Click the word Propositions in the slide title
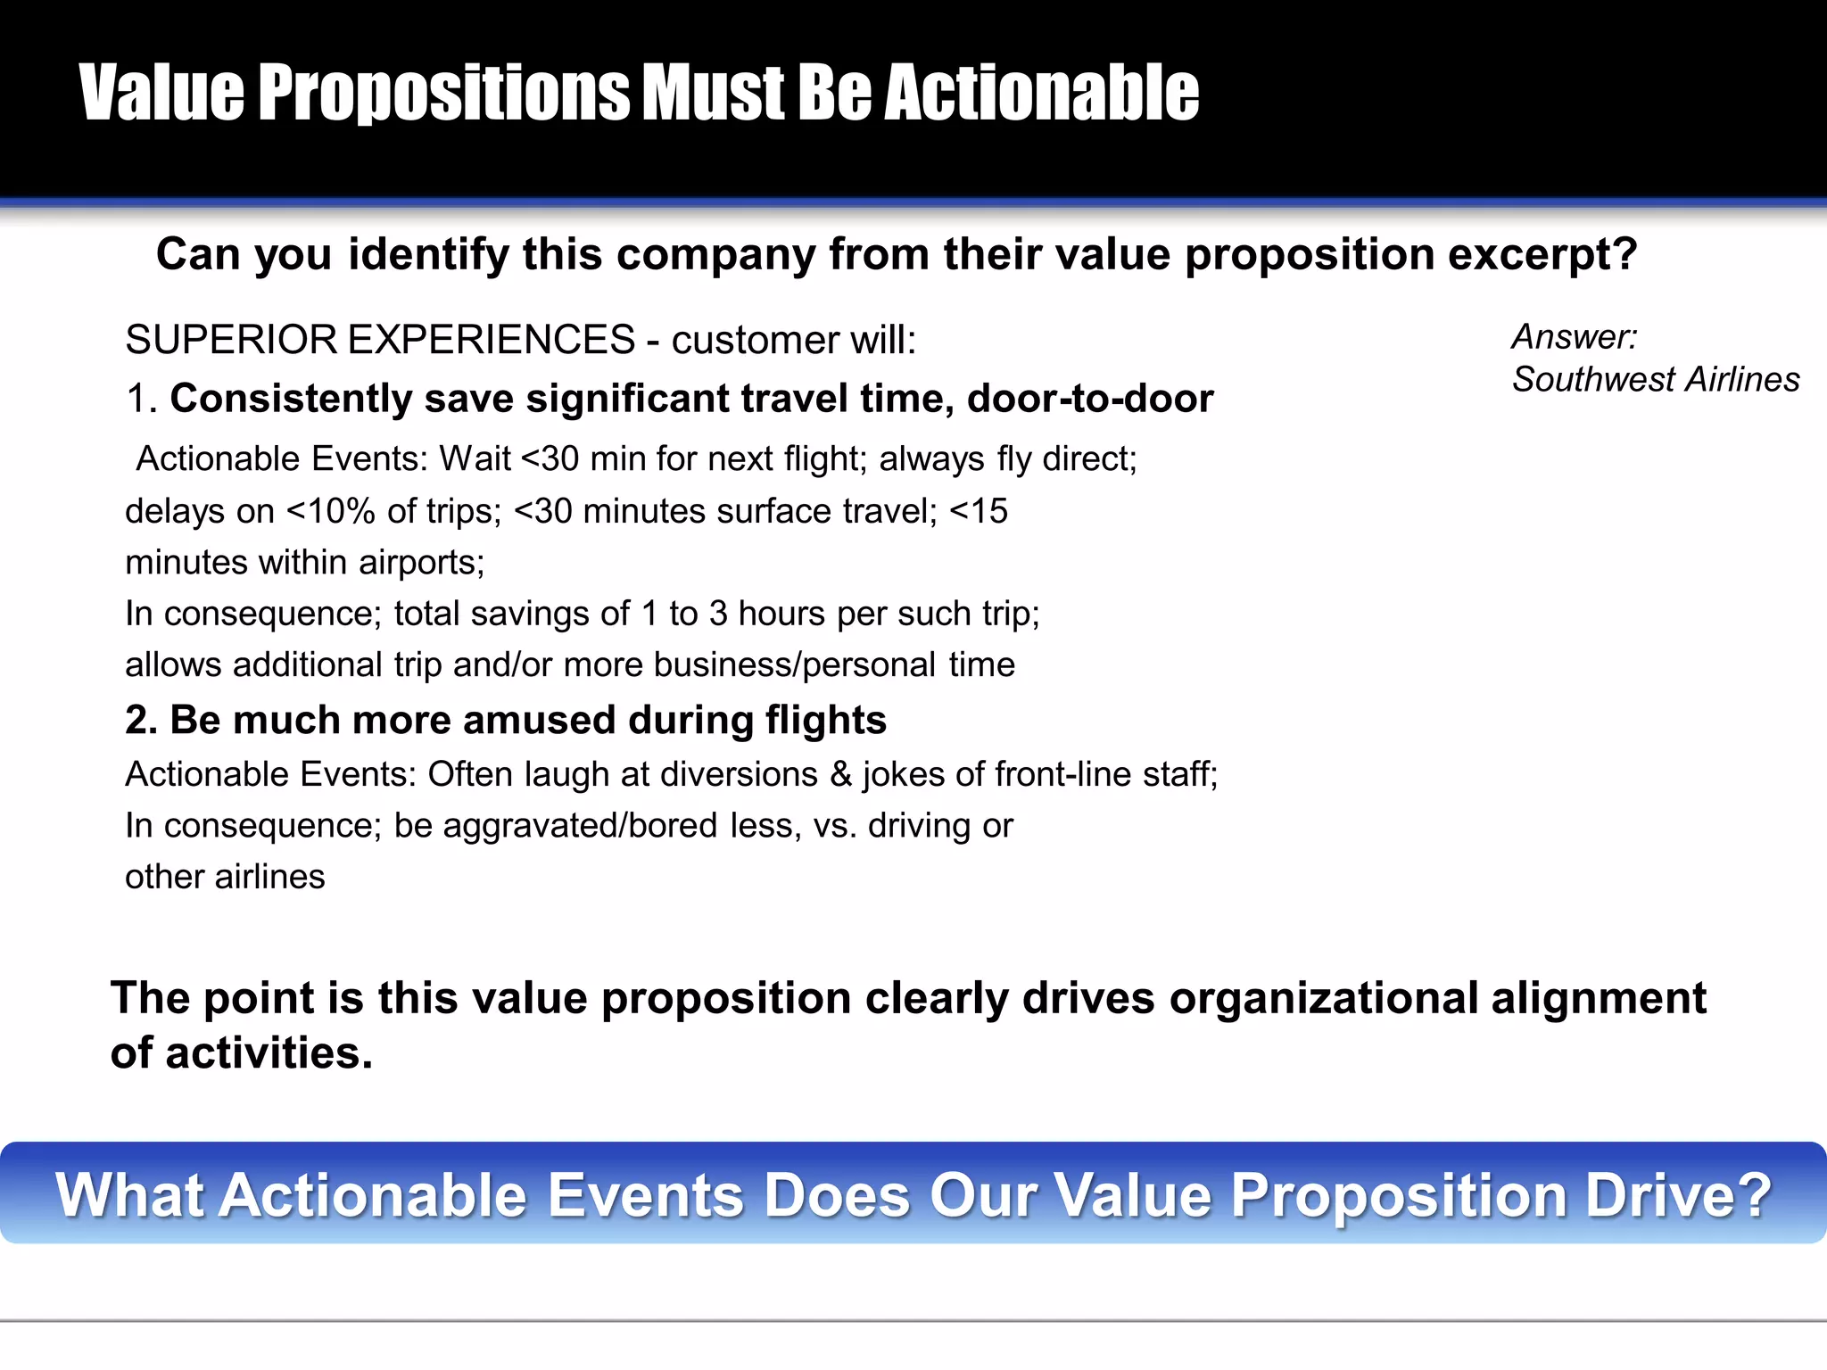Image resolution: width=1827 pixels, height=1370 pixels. pyautogui.click(x=444, y=93)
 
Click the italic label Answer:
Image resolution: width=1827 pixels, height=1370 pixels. pyautogui.click(x=1575, y=337)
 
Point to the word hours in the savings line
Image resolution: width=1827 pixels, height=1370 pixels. pyautogui.click(x=782, y=615)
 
